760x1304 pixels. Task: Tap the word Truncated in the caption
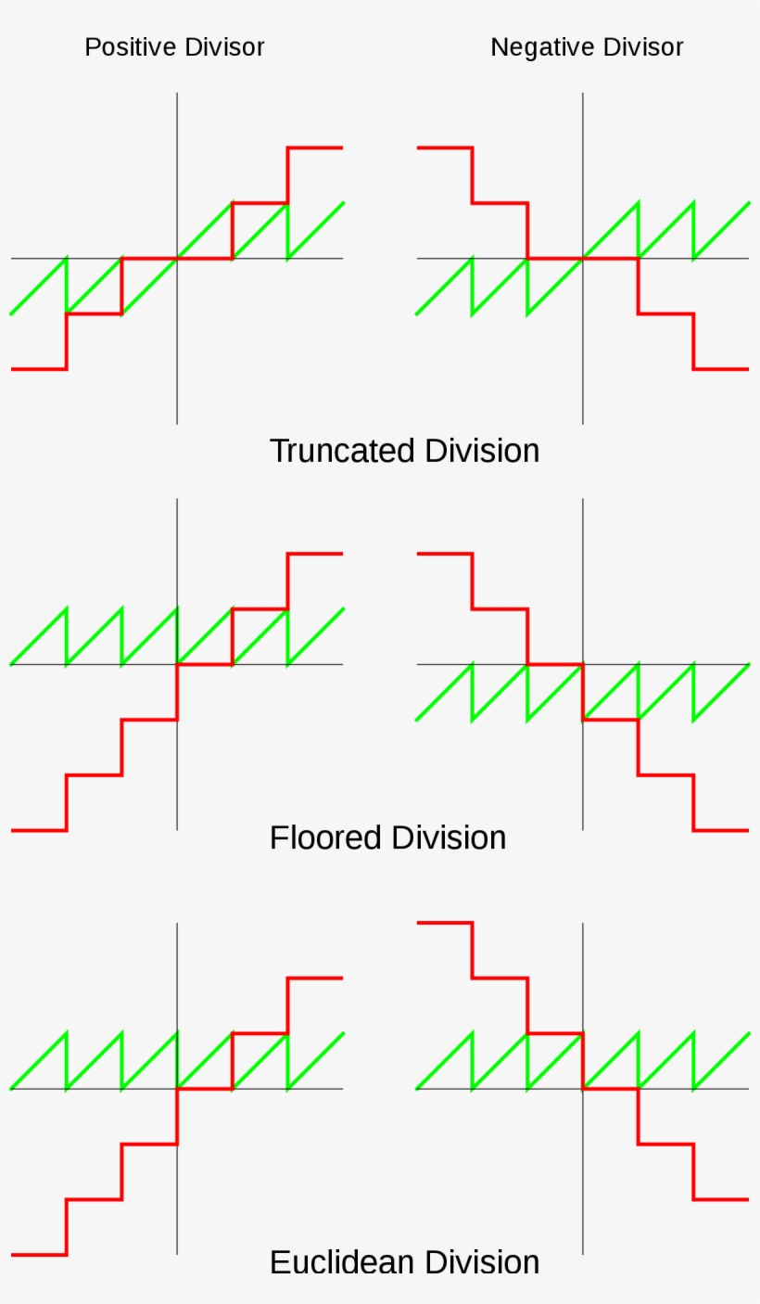(342, 451)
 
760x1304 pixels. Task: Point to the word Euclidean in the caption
(342, 1262)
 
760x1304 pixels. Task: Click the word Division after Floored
(449, 837)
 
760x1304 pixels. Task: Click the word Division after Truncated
(482, 451)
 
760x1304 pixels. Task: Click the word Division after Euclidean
(482, 1262)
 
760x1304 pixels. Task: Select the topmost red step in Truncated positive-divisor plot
(315, 147)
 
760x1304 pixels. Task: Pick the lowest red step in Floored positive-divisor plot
(38, 830)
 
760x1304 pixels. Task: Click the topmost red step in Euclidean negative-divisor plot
(445, 923)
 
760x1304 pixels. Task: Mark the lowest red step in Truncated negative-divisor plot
(721, 369)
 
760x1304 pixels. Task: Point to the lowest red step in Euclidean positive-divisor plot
(38, 1255)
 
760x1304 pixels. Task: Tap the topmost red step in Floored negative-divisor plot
(445, 554)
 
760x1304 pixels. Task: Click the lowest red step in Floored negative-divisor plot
(721, 830)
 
